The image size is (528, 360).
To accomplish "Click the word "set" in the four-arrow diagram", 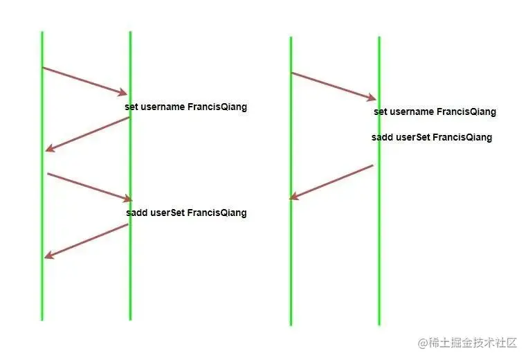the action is [131, 107].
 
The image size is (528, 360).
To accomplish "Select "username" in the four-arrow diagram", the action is [163, 107].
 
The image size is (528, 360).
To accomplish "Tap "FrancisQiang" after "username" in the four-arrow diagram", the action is [217, 107].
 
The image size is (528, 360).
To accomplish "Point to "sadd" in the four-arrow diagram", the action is [137, 213].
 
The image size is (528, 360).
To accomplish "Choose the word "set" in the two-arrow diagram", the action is [381, 112].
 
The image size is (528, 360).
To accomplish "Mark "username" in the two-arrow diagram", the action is [412, 112].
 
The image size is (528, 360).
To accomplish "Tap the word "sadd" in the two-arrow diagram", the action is [383, 137].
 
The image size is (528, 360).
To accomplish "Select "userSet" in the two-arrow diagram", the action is [414, 137].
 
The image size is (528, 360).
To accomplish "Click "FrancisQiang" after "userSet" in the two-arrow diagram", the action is [463, 137].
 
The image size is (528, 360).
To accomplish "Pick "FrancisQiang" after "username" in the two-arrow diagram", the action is [466, 112].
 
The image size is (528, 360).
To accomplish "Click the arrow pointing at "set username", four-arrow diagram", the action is [85, 80].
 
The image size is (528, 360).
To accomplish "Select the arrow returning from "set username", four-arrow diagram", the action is [87, 134].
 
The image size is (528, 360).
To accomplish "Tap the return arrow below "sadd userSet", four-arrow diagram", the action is [87, 241].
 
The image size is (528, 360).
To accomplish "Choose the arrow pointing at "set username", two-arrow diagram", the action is [334, 86].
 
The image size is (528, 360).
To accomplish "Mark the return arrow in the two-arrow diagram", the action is [331, 182].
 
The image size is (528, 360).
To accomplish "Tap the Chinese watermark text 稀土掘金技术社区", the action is [473, 343].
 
